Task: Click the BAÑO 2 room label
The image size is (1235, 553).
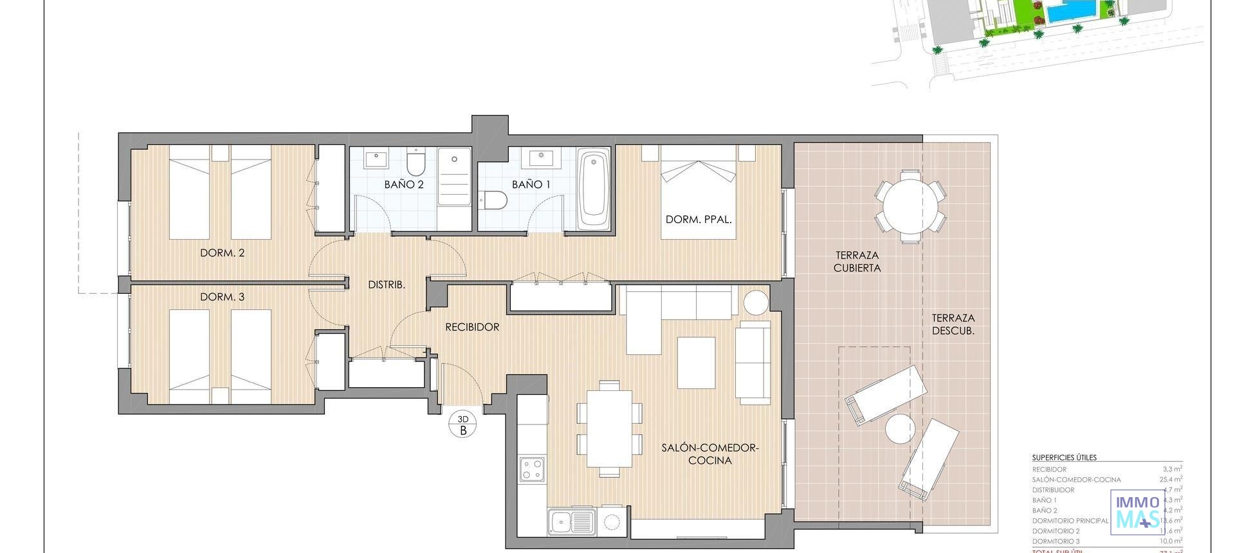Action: pyautogui.click(x=404, y=185)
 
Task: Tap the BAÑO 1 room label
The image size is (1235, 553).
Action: pyautogui.click(x=531, y=185)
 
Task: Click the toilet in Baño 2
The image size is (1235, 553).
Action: pyautogui.click(x=416, y=163)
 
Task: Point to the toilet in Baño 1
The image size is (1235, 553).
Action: pyautogui.click(x=495, y=201)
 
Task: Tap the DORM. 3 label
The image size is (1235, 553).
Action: pyautogui.click(x=222, y=297)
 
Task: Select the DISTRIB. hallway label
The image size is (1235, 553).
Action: pyautogui.click(x=386, y=284)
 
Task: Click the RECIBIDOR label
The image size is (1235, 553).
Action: pyautogui.click(x=472, y=327)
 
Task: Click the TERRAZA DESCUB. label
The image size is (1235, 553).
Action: pyautogui.click(x=953, y=324)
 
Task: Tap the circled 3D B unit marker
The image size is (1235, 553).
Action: pyautogui.click(x=463, y=425)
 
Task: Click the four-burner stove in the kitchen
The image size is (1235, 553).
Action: pyautogui.click(x=533, y=469)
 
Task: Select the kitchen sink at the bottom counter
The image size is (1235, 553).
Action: pyautogui.click(x=572, y=521)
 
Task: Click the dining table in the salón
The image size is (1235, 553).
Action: pyautogui.click(x=609, y=428)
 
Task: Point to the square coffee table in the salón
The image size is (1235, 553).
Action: pyautogui.click(x=696, y=363)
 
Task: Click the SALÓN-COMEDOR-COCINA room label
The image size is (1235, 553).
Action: pyautogui.click(x=710, y=454)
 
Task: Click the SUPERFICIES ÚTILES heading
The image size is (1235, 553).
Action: pyautogui.click(x=1064, y=458)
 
